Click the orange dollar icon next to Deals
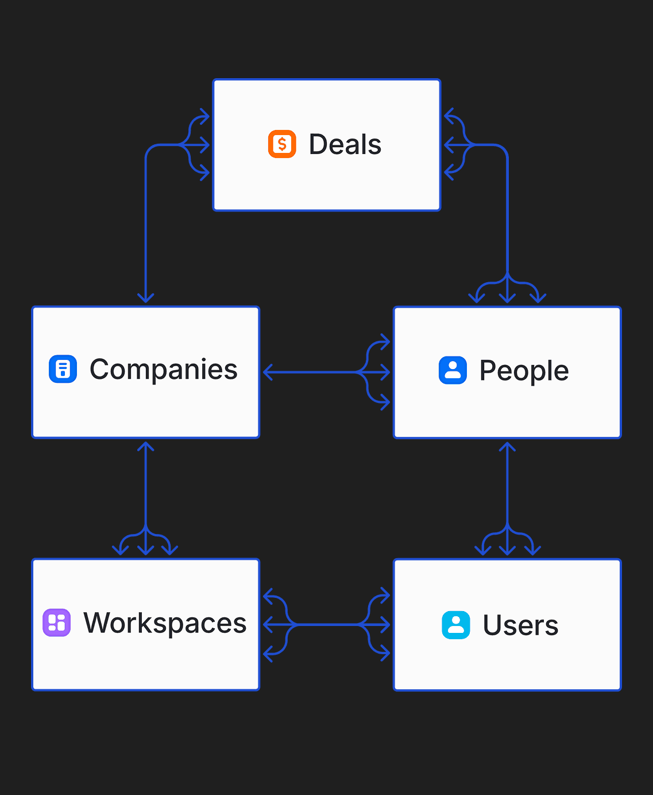click(x=282, y=144)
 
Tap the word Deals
click(x=345, y=144)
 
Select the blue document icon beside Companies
click(x=63, y=369)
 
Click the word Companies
click(x=164, y=370)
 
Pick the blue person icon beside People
click(x=453, y=370)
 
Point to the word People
click(x=524, y=371)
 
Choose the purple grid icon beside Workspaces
click(x=57, y=623)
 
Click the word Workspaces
click(x=165, y=623)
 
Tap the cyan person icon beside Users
click(x=456, y=625)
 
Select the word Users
click(x=520, y=625)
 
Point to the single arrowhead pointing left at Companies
click(x=268, y=372)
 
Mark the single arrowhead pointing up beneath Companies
click(x=146, y=447)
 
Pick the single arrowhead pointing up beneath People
click(x=507, y=447)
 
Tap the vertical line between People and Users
click(x=507, y=489)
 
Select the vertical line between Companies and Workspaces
click(x=146, y=489)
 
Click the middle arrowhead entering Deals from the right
click(x=449, y=145)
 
